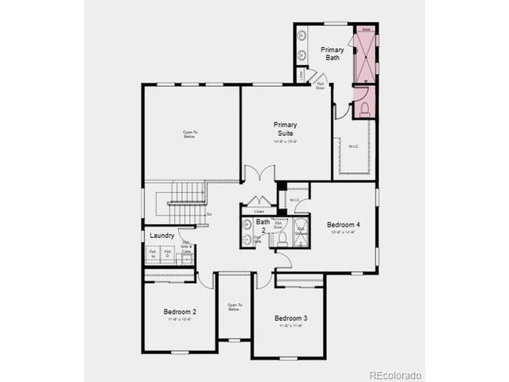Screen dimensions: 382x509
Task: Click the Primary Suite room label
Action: coord(285,129)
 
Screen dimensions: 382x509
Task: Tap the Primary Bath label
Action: coord(332,53)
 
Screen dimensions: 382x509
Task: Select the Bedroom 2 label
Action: coord(180,311)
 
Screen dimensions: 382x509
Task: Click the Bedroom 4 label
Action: coord(344,225)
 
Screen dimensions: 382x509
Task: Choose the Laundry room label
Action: coord(161,236)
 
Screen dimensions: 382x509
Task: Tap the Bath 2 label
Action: coord(262,226)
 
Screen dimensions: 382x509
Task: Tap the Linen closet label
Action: coord(259,211)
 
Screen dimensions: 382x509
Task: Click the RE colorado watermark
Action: coord(394,375)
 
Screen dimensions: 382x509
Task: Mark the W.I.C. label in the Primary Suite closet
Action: coord(354,146)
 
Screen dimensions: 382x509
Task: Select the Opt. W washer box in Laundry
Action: coord(153,255)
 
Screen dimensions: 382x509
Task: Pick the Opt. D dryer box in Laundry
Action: coord(168,255)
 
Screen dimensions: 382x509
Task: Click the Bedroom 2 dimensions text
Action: coord(180,319)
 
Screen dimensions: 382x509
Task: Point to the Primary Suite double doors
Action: coord(258,174)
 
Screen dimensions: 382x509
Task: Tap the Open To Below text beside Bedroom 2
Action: coord(234,307)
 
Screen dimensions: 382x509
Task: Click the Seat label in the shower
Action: coord(366,29)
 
